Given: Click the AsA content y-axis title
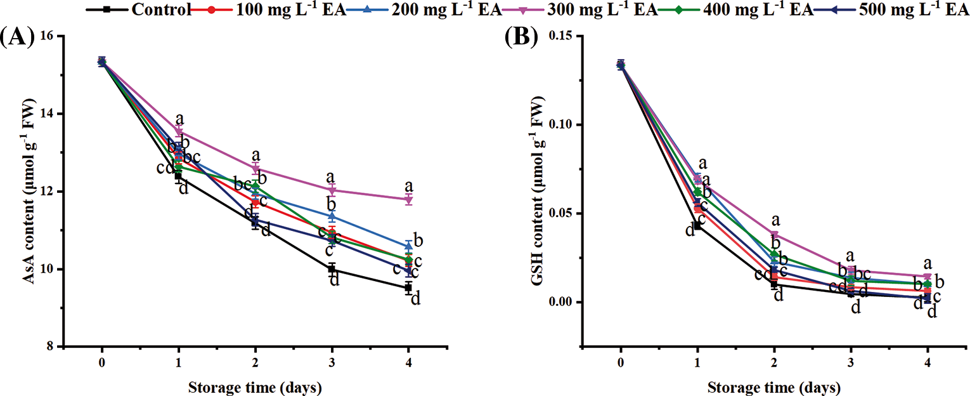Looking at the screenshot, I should pyautogui.click(x=28, y=190).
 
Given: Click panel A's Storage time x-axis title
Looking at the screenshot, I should pyautogui.click(x=255, y=386).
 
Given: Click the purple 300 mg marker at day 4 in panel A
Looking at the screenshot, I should pyautogui.click(x=408, y=200).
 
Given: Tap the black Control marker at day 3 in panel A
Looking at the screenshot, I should pyautogui.click(x=332, y=269).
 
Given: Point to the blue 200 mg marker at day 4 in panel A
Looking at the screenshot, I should pyautogui.click(x=408, y=245).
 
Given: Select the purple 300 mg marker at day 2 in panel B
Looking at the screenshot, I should pyautogui.click(x=774, y=234).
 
